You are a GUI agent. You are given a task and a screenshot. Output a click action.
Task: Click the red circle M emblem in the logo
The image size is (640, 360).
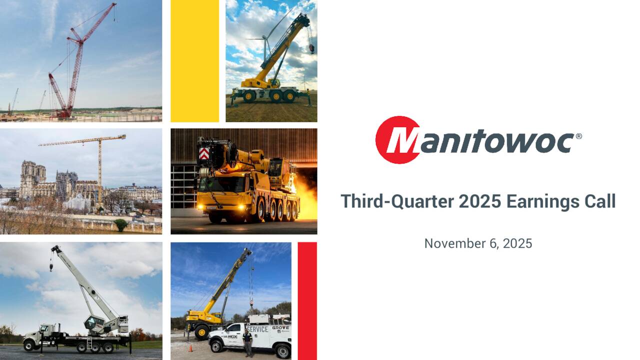pyautogui.click(x=398, y=140)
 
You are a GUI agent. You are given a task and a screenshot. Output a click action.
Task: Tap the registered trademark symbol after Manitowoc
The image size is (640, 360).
pyautogui.click(x=578, y=136)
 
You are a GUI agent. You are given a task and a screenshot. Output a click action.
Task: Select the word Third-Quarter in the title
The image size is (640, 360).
pyautogui.click(x=397, y=201)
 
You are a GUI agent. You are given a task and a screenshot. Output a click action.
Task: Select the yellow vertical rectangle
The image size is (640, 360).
pyautogui.click(x=194, y=60)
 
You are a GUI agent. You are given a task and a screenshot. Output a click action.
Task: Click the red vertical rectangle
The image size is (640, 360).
pyautogui.click(x=307, y=300)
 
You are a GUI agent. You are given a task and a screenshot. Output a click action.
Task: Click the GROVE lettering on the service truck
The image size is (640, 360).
pyautogui.click(x=280, y=328)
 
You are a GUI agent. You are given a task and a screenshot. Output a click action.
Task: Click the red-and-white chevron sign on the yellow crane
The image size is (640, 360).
pyautogui.click(x=203, y=153)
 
